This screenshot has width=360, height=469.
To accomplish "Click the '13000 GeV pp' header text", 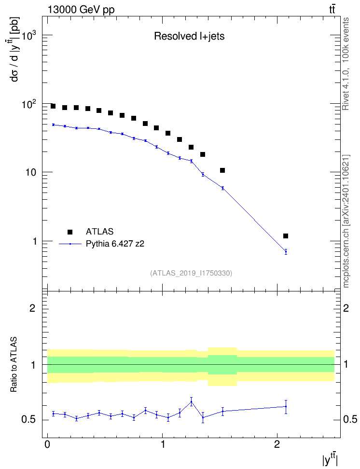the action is (81, 10).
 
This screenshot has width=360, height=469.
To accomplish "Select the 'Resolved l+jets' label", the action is (189, 36).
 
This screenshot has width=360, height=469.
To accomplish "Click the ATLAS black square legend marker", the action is (70, 232).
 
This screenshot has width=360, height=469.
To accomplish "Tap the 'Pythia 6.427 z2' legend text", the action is (115, 244).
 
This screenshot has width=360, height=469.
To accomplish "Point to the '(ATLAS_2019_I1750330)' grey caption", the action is (191, 273).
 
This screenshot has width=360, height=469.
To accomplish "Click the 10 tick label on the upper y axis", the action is (31, 173).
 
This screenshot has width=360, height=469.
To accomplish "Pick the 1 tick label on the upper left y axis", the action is (34, 241).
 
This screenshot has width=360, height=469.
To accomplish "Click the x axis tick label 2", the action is (277, 444).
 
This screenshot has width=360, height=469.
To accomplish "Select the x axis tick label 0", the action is (47, 444).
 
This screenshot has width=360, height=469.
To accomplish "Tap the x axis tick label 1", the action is (163, 444).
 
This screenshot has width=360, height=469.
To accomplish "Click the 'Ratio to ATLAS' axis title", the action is (14, 364).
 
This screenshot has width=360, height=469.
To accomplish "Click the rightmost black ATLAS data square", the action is (286, 236).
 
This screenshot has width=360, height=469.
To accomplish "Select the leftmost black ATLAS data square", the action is (53, 106).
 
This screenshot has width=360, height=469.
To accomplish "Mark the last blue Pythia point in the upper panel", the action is (286, 251).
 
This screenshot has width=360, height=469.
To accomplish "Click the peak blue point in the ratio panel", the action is (191, 401).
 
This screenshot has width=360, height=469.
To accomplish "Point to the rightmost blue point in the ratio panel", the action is (286, 406).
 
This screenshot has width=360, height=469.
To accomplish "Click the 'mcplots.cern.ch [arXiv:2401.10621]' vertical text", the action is (346, 221).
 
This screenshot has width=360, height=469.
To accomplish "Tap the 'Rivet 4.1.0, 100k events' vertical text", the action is (346, 64).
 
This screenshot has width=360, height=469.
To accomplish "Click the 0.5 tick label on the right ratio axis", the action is (350, 420).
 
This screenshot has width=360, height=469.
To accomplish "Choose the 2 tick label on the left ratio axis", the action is (32, 308).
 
